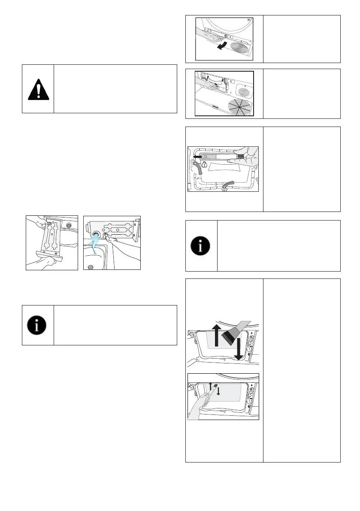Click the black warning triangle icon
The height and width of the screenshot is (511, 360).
(38, 89)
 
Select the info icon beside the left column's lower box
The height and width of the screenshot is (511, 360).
(38, 325)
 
